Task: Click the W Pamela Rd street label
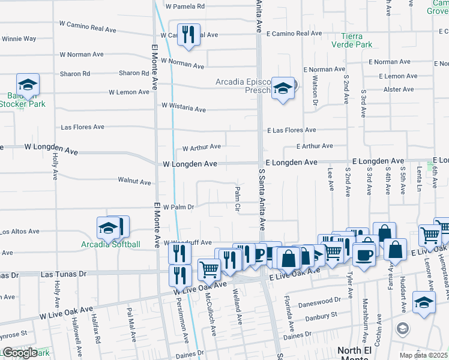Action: [185, 7]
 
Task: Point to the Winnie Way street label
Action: [19, 39]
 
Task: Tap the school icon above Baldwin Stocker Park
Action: [28, 84]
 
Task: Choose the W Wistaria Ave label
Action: [184, 110]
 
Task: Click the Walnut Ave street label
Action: [134, 181]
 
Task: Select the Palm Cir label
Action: [238, 200]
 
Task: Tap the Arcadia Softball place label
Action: [111, 244]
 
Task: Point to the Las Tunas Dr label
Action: [63, 274]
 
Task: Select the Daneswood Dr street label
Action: [319, 298]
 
